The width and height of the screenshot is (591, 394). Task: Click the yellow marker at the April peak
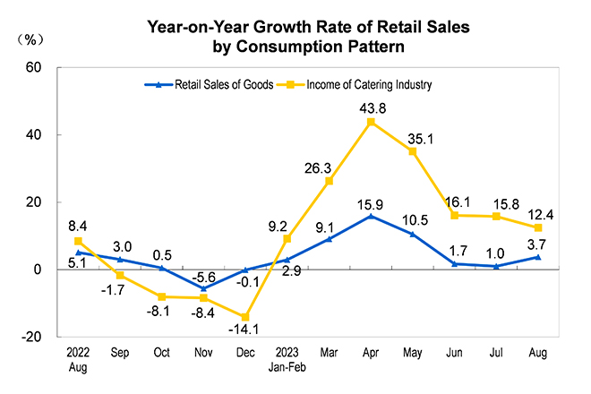click(371, 122)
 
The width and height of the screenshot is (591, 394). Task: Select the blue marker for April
click(371, 216)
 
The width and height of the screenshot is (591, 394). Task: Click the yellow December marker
click(244, 317)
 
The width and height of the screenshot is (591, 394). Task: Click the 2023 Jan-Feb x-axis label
click(287, 359)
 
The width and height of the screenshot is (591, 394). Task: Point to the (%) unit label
click(32, 39)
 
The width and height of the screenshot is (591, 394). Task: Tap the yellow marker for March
click(329, 181)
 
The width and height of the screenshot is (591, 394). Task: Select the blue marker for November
click(203, 288)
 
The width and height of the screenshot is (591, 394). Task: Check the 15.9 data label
click(371, 202)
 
